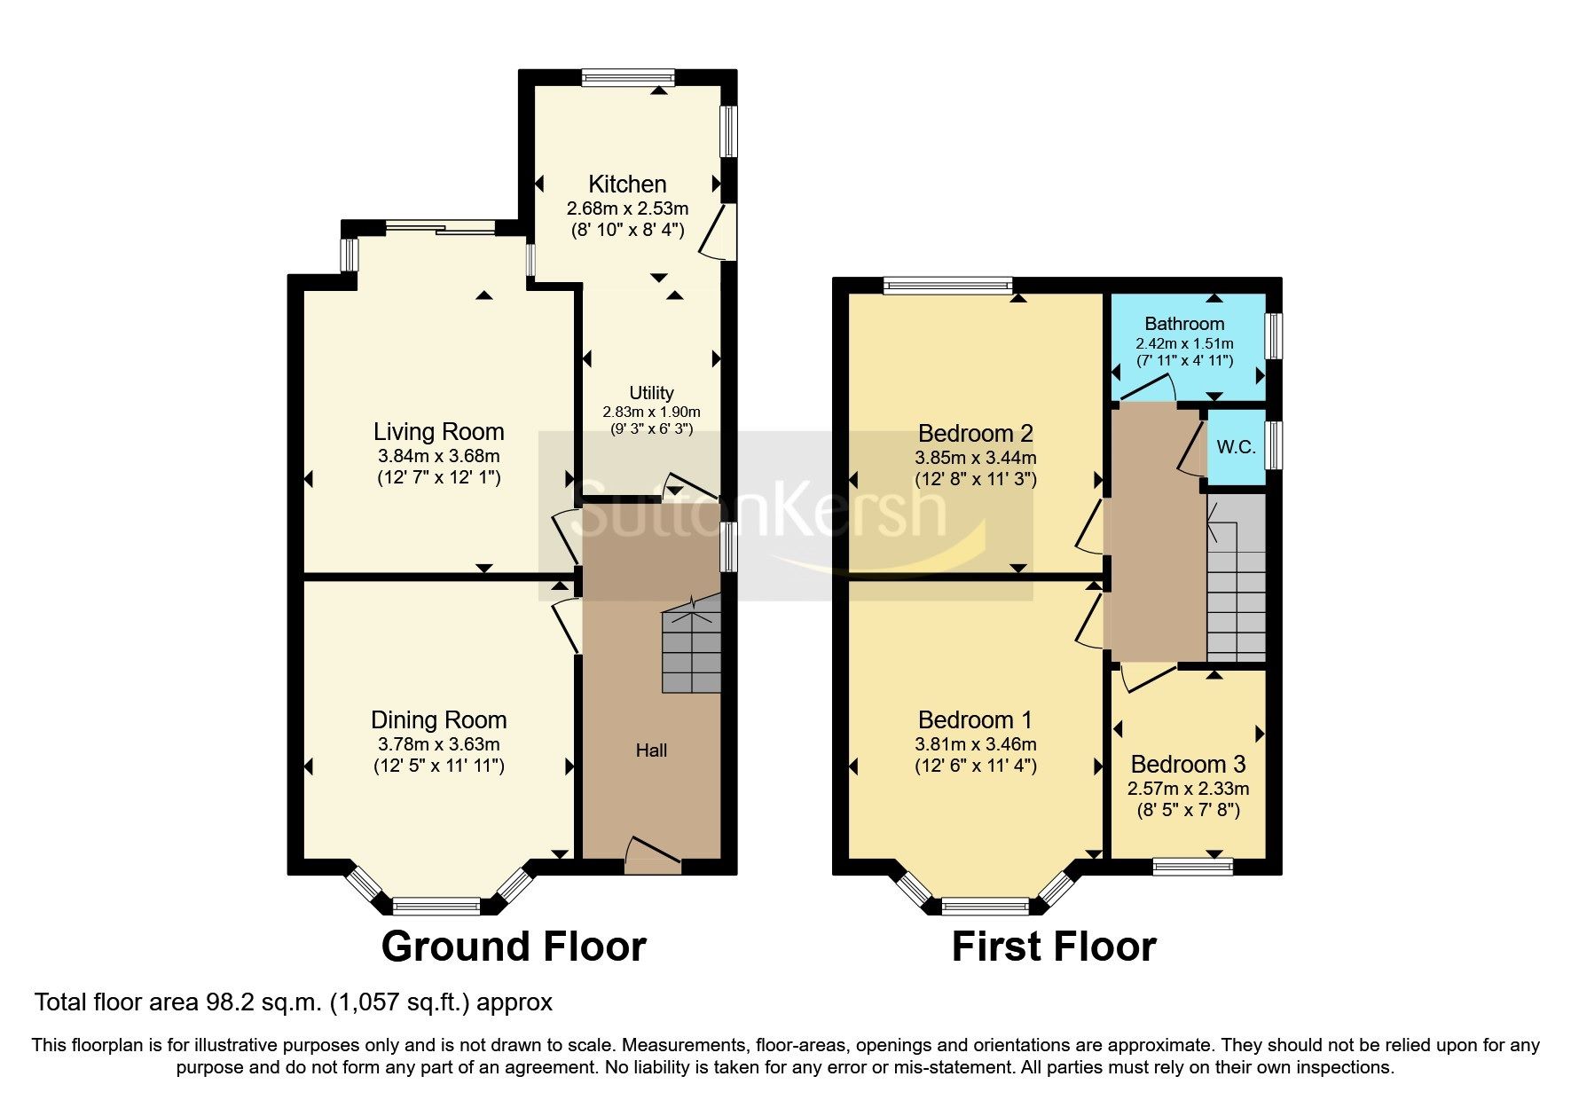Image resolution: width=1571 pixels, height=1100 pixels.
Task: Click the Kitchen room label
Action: pos(627,185)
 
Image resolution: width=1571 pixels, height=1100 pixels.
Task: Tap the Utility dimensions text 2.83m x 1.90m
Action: pos(651,412)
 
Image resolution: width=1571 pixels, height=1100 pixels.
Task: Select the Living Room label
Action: pos(438,432)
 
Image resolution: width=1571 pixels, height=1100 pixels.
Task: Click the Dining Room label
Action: pos(438,720)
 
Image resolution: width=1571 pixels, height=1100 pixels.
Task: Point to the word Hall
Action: pos(651,750)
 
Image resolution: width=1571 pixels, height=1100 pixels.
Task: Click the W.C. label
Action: pos(1236,447)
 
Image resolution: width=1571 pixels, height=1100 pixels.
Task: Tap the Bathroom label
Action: pos(1184,324)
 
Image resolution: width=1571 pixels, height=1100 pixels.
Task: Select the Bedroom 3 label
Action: pos(1188,764)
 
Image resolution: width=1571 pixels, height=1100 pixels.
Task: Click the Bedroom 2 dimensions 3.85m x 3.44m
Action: pos(975,459)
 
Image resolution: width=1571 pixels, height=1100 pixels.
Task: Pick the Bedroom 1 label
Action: pos(975,720)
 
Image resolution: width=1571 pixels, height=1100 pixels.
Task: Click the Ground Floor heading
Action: pos(514,947)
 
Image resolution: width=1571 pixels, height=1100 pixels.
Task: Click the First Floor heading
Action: pos(1054,947)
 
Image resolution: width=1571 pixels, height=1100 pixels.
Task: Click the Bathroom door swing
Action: pos(1149,389)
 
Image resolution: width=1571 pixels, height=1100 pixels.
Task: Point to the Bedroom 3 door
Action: pos(1149,678)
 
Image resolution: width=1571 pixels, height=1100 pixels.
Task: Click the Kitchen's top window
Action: pos(628,78)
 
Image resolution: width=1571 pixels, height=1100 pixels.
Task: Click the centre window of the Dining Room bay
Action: pos(436,906)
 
